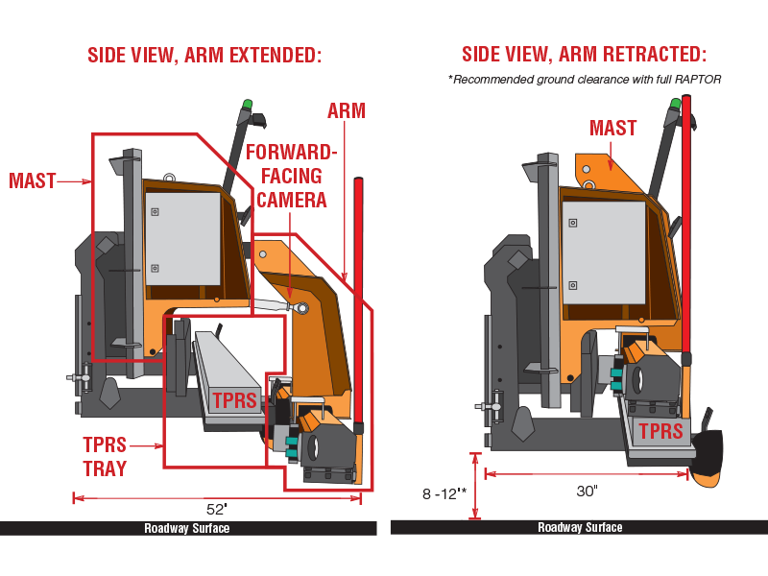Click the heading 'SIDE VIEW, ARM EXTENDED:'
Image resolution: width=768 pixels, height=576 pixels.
pos(204,55)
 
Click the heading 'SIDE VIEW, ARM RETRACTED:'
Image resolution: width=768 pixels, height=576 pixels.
pos(584,55)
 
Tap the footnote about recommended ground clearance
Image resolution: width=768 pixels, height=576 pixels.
pos(584,79)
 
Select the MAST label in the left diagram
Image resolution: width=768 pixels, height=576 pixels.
pos(32,180)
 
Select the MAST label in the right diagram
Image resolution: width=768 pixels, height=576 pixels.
pos(613,129)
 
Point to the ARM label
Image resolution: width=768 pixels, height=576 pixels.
pos(346,110)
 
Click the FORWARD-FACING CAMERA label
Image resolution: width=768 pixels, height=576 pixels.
pos(292,176)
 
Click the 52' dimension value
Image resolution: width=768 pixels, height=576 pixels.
pos(217,508)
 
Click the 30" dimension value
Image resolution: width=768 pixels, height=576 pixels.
pos(588,491)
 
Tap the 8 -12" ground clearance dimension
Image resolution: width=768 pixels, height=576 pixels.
pos(443,492)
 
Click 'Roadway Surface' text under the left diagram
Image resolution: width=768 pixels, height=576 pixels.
pos(187,528)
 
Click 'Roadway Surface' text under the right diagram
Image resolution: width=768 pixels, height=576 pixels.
pos(580,527)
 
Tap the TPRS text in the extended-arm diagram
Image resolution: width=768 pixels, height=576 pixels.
pos(234,400)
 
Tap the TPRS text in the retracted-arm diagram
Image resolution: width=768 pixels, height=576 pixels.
pos(660,431)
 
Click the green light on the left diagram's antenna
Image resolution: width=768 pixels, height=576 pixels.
pos(247,105)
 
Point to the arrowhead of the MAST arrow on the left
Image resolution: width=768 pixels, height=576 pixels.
pos(89,180)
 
